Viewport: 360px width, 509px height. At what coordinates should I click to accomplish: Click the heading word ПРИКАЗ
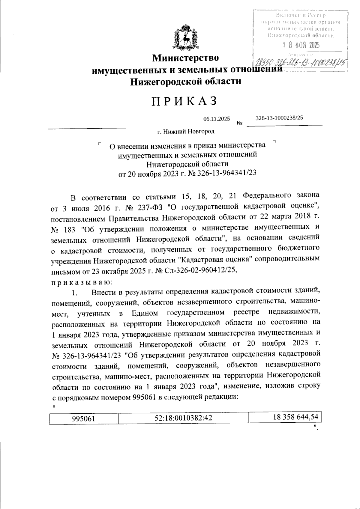tap(184, 101)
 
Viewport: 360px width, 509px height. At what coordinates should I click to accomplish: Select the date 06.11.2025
tap(217, 119)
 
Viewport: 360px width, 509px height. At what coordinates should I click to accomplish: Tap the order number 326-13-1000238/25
tap(279, 118)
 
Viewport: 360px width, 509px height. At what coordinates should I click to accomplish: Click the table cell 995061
tap(84, 418)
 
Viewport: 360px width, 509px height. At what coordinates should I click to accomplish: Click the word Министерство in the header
tap(185, 58)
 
